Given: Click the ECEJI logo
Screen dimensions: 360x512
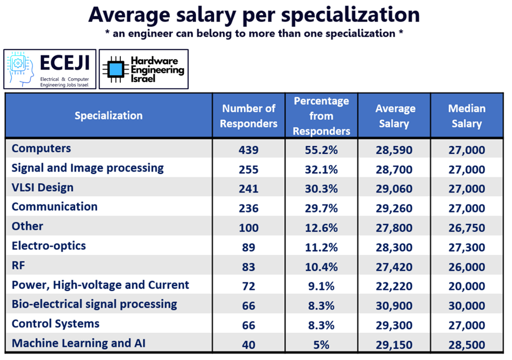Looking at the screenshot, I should [50, 69].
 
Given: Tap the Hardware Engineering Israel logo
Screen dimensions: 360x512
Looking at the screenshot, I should [143, 69].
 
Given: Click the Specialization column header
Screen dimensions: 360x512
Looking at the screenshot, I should [108, 115].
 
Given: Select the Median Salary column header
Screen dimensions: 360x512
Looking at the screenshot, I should [466, 115].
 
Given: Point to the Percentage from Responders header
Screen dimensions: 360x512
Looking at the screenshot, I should [321, 115].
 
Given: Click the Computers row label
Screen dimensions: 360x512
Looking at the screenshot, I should [41, 149].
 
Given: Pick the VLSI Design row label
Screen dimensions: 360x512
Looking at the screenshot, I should [43, 187].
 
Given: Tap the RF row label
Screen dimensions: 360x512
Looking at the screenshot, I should [19, 266].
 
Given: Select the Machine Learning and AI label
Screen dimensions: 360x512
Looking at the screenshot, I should [78, 343].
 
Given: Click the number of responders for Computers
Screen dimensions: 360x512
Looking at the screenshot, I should [248, 150].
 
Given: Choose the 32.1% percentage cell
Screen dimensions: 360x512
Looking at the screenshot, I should [321, 170].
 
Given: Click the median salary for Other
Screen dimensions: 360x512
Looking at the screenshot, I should [466, 228].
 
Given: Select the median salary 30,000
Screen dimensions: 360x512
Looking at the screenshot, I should [466, 305].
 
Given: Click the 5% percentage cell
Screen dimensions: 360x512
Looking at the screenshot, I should [321, 344].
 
